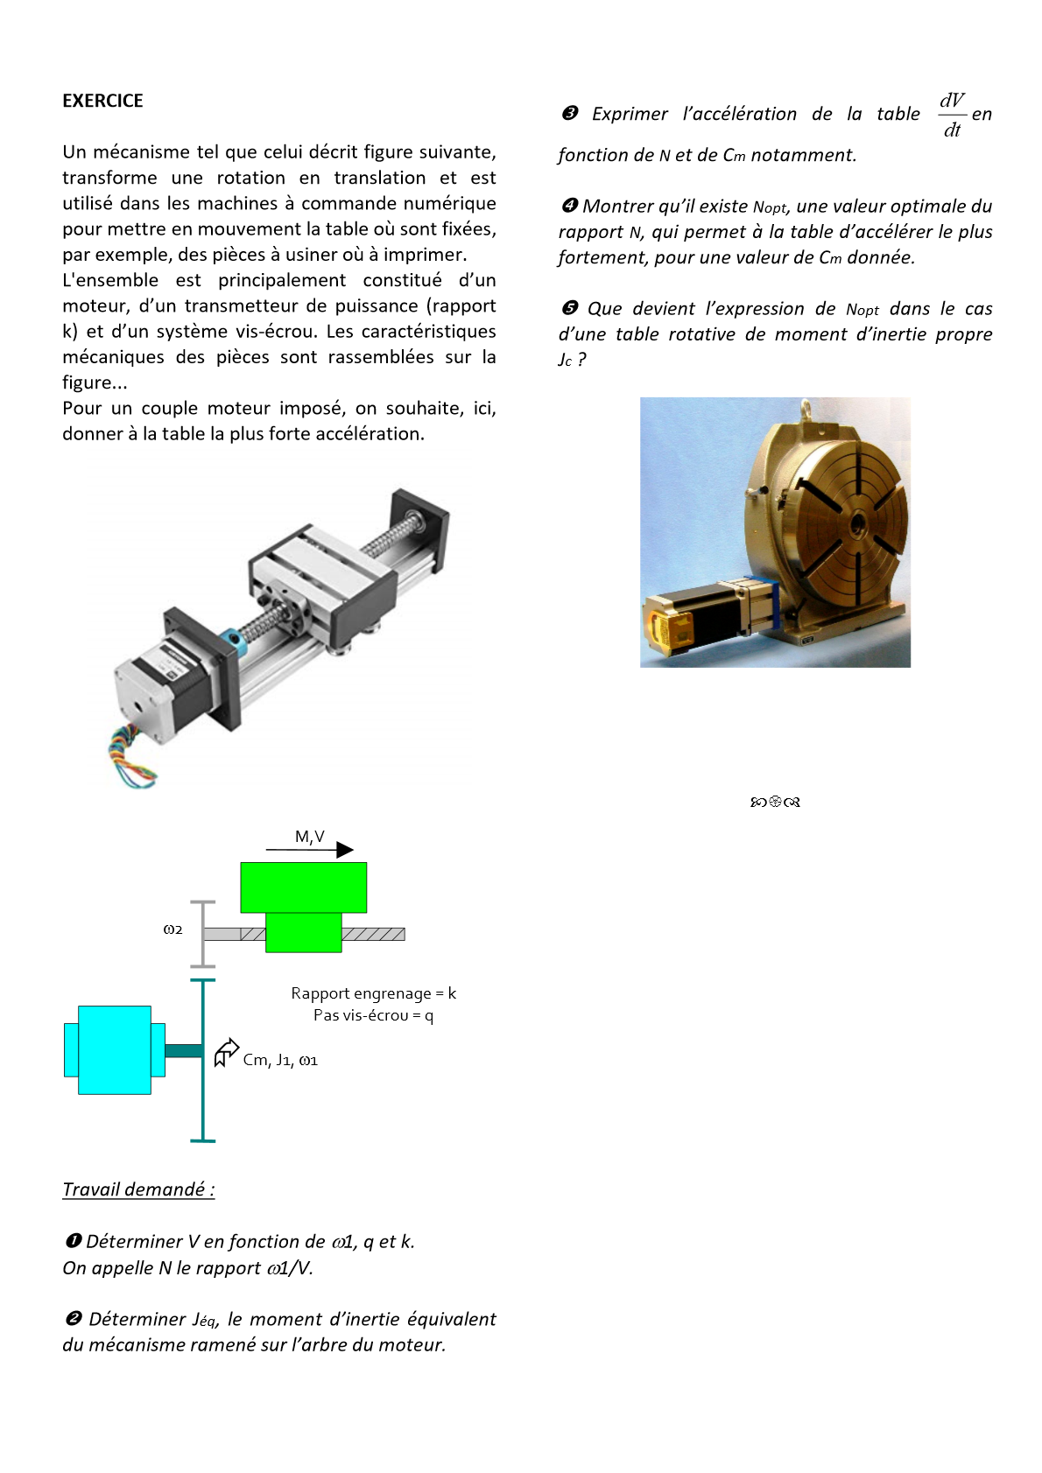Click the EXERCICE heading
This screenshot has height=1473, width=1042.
102,101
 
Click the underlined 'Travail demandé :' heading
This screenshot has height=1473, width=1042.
138,1189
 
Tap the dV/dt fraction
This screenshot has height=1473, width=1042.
952,115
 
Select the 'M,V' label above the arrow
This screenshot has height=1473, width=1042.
309,837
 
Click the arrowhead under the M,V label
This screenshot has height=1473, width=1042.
345,850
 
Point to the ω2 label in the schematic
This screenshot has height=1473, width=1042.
172,929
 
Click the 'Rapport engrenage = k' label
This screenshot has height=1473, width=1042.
373,993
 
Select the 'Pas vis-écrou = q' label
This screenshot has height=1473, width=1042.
373,1015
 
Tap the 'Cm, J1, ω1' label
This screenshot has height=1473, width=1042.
280,1060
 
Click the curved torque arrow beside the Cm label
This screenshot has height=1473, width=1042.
226,1052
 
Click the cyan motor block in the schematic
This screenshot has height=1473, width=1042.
114,1050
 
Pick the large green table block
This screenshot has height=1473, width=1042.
303,887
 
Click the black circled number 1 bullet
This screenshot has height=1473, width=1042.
74,1241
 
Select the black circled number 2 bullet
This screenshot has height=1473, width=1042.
74,1319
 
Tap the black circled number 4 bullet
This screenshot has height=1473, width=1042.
569,206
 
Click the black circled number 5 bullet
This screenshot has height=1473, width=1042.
569,308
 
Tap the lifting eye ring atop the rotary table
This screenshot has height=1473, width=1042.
808,408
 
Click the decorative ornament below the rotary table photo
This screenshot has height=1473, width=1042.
775,802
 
